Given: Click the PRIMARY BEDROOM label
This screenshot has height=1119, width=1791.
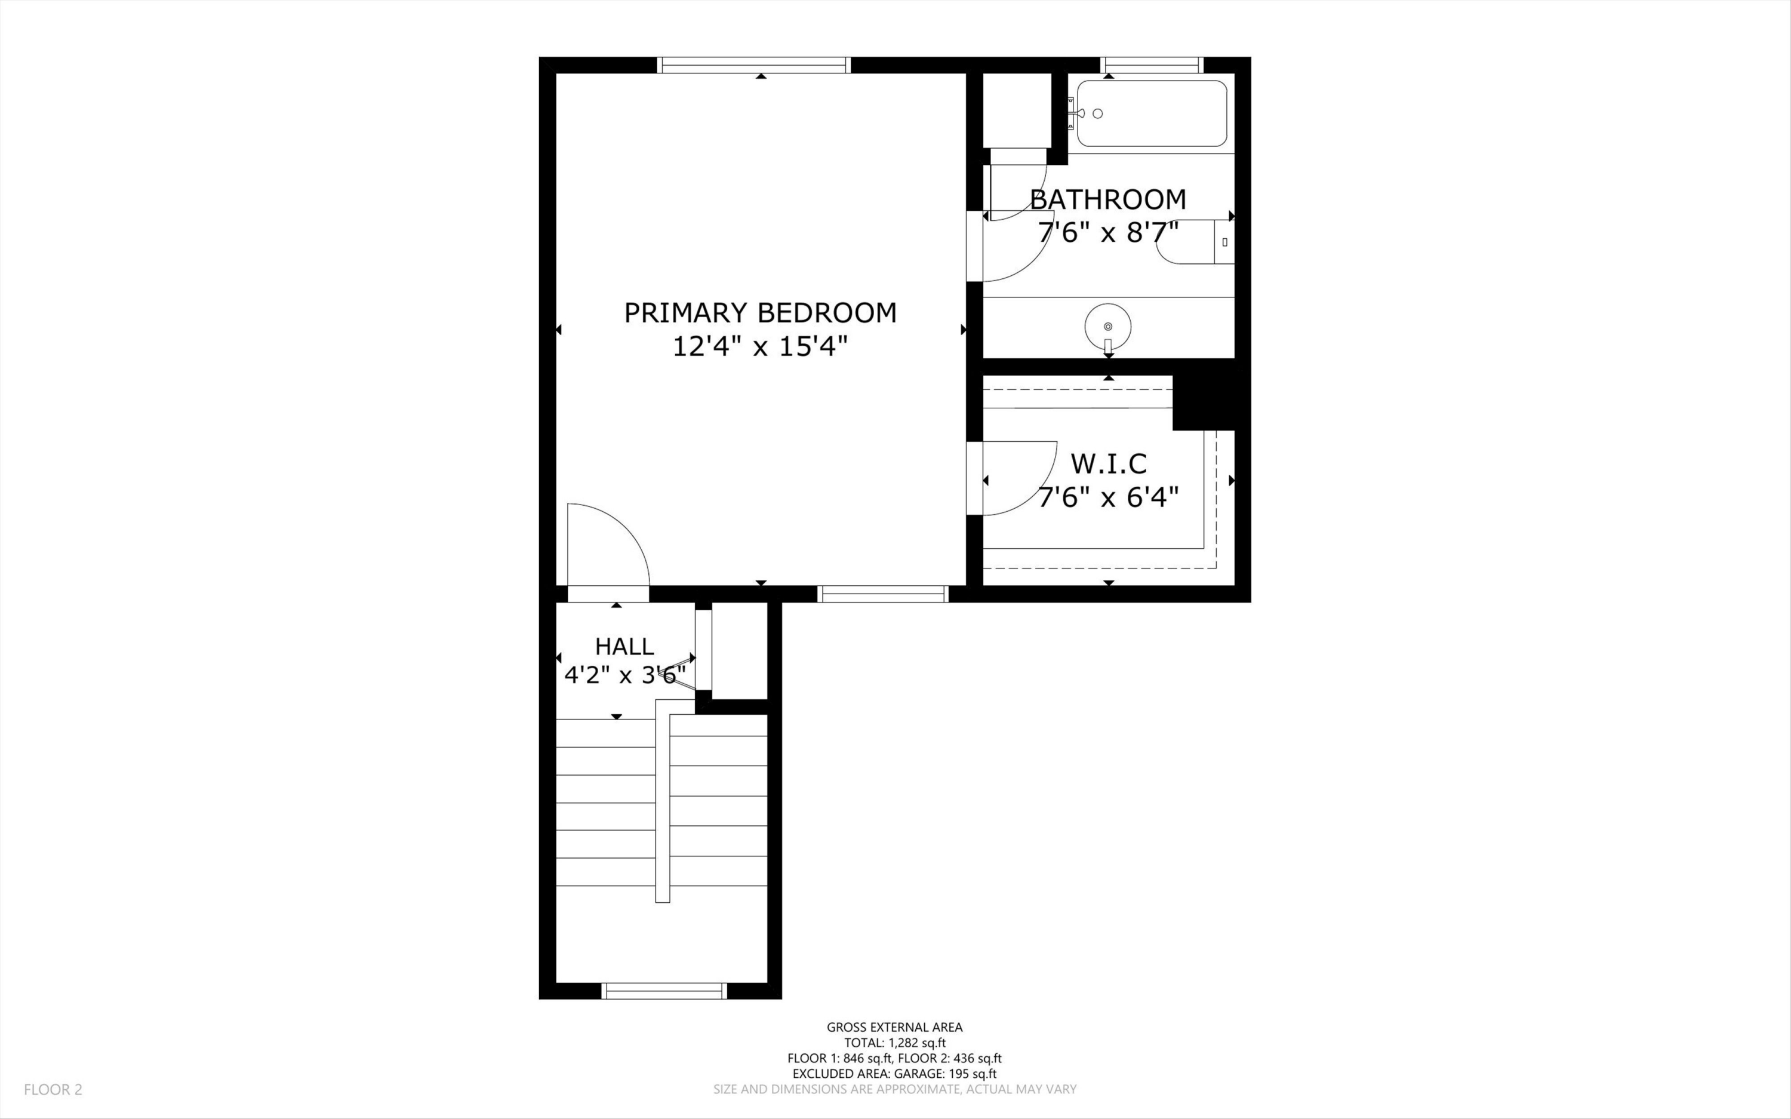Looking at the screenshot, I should [x=760, y=313].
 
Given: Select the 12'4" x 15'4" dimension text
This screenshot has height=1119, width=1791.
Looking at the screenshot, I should [x=760, y=346].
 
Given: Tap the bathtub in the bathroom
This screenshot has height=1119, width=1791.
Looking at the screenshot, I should [x=1151, y=114].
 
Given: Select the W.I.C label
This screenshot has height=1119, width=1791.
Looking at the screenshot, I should [x=1108, y=464].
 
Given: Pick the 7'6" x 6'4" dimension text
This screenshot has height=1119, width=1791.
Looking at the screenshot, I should [x=1107, y=497].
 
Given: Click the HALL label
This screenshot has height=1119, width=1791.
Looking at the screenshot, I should [x=624, y=647].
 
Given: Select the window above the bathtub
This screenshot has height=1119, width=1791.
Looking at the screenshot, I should [x=1152, y=65].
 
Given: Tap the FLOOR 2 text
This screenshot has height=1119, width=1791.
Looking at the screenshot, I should [x=53, y=1089].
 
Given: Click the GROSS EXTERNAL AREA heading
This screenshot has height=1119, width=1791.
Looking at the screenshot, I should [x=894, y=1027].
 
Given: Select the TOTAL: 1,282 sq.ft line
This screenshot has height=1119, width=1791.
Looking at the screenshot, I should [x=894, y=1043].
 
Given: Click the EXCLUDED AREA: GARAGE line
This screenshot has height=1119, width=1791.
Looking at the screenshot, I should [x=894, y=1074].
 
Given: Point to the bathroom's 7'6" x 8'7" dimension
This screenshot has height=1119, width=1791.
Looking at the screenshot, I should [x=1107, y=232].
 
